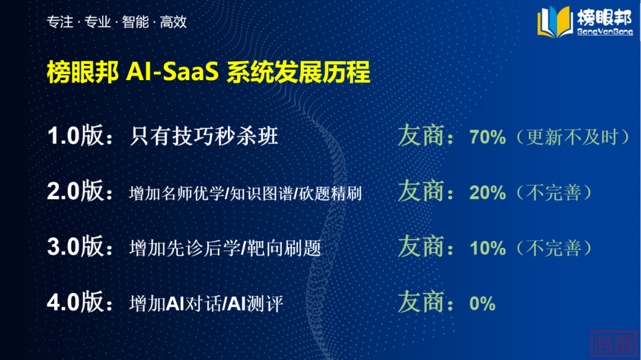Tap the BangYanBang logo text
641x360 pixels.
(x=605, y=31)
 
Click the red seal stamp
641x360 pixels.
(x=614, y=343)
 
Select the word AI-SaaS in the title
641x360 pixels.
(x=173, y=72)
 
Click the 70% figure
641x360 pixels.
(x=488, y=138)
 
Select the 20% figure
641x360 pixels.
(x=488, y=193)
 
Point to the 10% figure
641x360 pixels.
(x=488, y=248)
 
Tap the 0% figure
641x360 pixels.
(x=483, y=304)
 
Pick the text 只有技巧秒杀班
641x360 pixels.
(x=204, y=136)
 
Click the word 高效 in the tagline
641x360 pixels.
(x=173, y=22)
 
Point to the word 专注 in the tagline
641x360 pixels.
(x=60, y=22)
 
